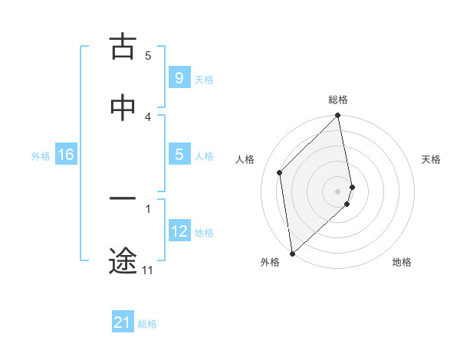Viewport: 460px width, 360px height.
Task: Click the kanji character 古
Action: point(123,47)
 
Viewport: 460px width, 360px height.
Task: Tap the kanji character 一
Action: point(123,198)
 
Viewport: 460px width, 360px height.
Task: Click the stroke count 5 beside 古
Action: point(148,56)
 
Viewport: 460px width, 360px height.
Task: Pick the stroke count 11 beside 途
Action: point(148,270)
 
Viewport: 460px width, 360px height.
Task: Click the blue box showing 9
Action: point(179,77)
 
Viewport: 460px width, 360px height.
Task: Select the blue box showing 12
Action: point(179,231)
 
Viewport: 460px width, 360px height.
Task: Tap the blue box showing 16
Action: point(66,155)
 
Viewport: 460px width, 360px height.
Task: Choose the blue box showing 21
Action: point(122,322)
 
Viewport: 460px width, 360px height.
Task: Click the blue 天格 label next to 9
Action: point(204,79)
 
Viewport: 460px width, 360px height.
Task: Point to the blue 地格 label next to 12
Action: point(204,233)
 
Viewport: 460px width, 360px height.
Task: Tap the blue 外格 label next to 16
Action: point(41,156)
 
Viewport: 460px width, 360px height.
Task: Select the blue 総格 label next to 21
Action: point(147,324)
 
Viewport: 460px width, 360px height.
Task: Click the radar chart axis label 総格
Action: point(338,100)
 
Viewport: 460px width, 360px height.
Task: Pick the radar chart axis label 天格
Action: point(432,159)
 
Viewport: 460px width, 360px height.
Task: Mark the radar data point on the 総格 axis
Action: point(338,116)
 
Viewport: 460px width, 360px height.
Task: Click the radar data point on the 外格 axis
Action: point(292,253)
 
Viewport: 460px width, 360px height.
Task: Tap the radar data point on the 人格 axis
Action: point(280,172)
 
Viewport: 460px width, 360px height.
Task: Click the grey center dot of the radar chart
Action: point(338,190)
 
